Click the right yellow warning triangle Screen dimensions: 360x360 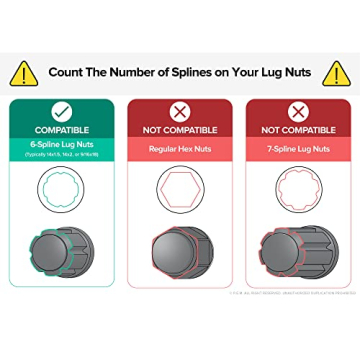point(337,72)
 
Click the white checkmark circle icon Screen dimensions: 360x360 point(62,111)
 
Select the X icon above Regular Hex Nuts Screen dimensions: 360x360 point(179,111)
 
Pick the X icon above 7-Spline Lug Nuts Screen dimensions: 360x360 point(297,111)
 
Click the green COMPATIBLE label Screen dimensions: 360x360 point(62,130)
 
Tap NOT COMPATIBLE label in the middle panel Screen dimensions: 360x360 point(179,130)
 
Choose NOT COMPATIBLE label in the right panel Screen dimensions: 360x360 point(297,130)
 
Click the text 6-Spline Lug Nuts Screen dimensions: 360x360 point(62,147)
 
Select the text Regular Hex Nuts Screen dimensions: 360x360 point(179,148)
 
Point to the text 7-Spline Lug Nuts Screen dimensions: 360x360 point(297,148)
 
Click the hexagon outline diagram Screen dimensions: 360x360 point(179,191)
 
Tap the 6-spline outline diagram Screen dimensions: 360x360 point(62,191)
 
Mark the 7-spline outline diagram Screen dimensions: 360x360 point(297,191)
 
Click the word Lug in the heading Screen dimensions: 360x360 point(276,72)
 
